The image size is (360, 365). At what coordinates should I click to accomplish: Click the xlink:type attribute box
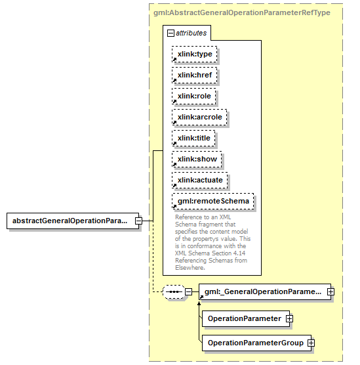click(x=194, y=54)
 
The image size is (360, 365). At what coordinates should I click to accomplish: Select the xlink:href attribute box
click(x=194, y=75)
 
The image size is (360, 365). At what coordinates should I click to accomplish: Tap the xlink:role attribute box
click(x=193, y=96)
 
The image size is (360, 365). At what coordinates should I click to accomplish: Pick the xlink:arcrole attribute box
click(x=199, y=117)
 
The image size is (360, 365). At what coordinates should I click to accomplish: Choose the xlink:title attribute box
click(x=193, y=138)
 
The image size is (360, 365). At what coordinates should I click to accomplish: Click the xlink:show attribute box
click(x=197, y=160)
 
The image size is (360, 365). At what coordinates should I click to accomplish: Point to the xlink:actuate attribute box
click(x=200, y=180)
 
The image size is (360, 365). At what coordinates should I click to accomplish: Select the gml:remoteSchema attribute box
click(x=213, y=201)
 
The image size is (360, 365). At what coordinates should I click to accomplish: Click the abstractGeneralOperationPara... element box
click(x=73, y=221)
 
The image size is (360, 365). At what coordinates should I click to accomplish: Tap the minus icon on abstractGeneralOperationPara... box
click(x=138, y=221)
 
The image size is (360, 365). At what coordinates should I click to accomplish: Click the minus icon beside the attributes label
click(x=170, y=33)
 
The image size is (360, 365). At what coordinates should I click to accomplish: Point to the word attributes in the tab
click(x=191, y=33)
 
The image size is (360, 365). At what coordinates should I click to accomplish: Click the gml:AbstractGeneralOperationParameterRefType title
click(x=242, y=12)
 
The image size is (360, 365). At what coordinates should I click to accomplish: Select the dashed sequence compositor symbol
click(x=174, y=291)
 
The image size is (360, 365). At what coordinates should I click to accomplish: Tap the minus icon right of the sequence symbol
click(x=188, y=291)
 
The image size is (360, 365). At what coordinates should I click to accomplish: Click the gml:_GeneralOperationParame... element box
click(x=265, y=291)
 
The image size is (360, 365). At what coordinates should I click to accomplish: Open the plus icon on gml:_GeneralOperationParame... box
click(x=330, y=291)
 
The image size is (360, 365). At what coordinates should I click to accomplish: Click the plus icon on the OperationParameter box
click(x=289, y=318)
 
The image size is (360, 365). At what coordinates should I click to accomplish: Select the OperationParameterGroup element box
click(x=256, y=343)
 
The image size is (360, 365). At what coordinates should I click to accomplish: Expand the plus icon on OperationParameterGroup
click(x=311, y=343)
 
